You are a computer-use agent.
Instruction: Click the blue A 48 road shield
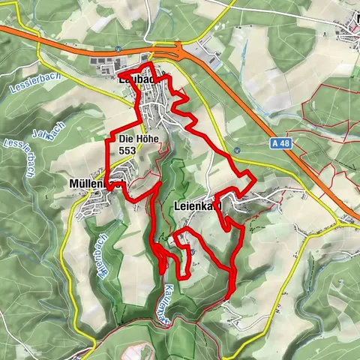tap(280, 142)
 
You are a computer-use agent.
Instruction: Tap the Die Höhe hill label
tap(136, 139)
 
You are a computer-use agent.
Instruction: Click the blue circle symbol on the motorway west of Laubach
tap(118, 49)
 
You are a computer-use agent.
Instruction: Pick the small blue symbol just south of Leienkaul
tap(193, 252)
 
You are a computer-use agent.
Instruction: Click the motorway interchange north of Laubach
tap(178, 52)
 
